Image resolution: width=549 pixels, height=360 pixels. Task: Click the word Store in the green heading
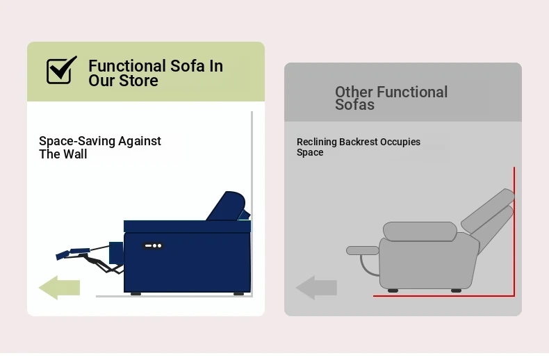point(138,81)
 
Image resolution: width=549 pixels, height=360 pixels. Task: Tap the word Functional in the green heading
point(127,66)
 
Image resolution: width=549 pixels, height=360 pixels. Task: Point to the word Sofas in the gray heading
point(354,105)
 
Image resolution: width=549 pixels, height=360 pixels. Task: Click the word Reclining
point(316,142)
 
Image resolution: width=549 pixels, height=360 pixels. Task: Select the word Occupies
point(400,142)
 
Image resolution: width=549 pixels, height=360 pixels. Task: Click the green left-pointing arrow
point(59,288)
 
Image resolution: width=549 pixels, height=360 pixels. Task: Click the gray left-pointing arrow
point(316,288)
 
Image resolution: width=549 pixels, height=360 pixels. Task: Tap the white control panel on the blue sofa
point(153,246)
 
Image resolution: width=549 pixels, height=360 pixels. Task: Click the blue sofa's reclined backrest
point(227,206)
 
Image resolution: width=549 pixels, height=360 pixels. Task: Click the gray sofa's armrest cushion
point(420,231)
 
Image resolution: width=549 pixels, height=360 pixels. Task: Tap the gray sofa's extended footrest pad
point(362,250)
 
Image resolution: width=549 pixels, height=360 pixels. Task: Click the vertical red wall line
point(514,231)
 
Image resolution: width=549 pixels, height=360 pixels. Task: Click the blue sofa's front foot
point(136,294)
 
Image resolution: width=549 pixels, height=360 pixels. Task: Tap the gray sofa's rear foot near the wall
point(456,291)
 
